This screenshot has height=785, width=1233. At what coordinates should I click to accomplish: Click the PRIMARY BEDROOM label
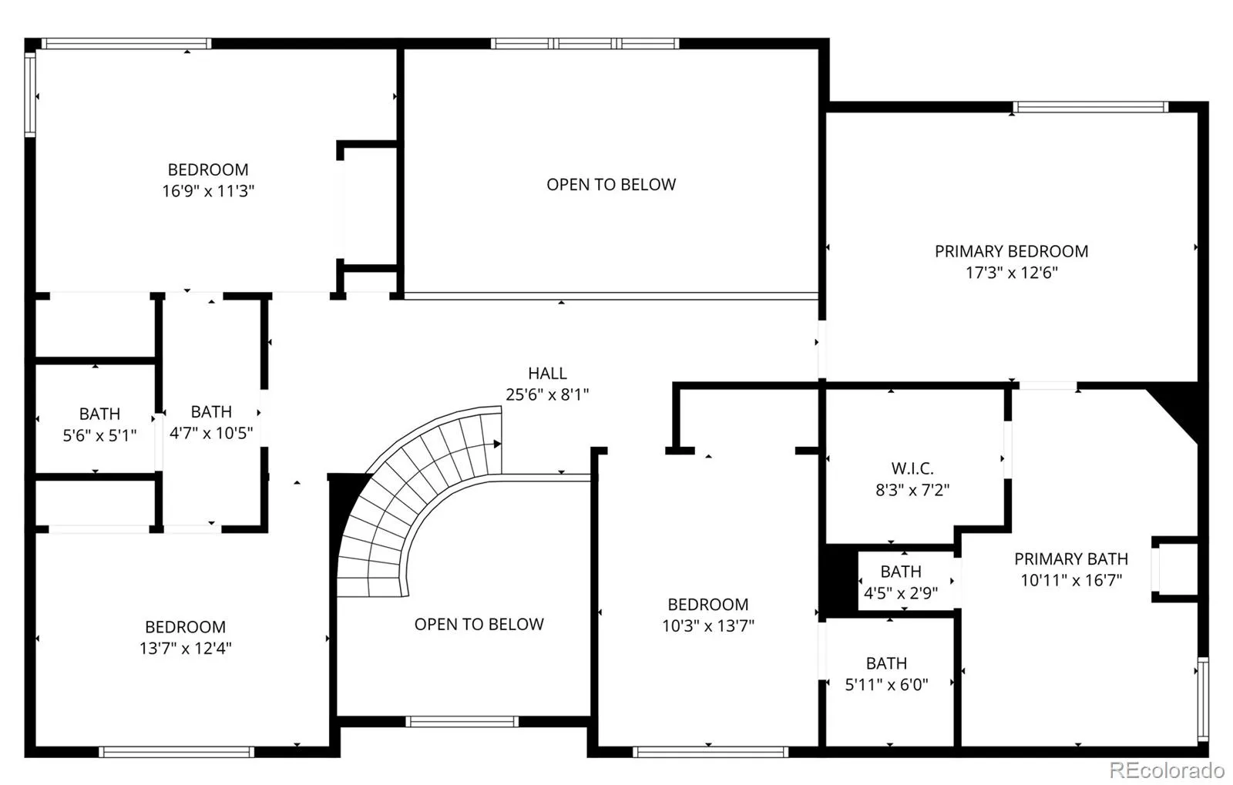coord(1011,251)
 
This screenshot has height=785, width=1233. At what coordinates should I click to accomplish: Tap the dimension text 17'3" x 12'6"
coord(1012,273)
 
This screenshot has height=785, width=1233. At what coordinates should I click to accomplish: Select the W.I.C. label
coord(912,468)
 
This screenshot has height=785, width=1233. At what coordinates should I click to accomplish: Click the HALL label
coord(547,374)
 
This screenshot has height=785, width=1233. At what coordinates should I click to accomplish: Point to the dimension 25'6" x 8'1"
coord(547,394)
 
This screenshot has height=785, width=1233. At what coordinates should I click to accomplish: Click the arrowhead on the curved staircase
coord(497,444)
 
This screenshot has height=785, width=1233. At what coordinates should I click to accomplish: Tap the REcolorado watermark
coord(1167,769)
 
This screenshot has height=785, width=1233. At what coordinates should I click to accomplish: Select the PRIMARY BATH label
coord(1071,559)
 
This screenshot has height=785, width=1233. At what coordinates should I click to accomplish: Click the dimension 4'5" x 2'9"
coord(901,593)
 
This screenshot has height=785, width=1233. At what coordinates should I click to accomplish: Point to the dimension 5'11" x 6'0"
coord(886,685)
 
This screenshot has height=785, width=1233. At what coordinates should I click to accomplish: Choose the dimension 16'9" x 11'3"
coord(208,191)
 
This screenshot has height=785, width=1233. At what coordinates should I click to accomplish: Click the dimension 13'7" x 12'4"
coord(185,649)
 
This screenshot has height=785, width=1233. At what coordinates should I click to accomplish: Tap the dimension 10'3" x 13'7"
coord(708,626)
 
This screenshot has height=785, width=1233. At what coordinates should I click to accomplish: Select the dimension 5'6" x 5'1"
coord(99,436)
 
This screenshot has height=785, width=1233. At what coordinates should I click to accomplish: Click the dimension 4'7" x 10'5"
coord(211,433)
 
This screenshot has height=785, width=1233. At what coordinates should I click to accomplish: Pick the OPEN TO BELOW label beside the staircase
coord(479,624)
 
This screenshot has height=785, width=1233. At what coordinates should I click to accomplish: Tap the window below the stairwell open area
coord(462,721)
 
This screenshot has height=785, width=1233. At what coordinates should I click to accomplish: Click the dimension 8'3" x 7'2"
coord(912,490)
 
